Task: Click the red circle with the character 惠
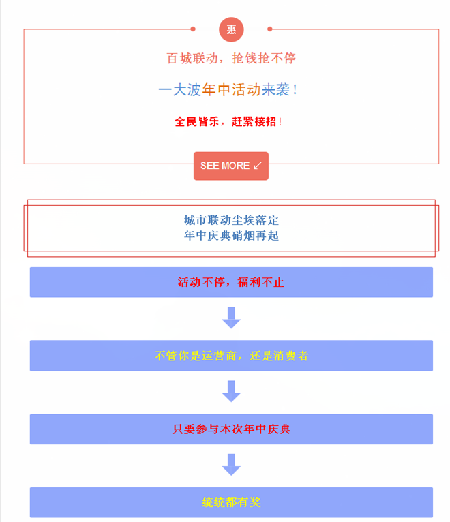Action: (x=231, y=29)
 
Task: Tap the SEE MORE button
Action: (x=231, y=166)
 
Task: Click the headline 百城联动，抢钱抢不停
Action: (x=231, y=58)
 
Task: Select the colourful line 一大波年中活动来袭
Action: (x=228, y=90)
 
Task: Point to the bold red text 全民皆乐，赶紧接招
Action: (x=228, y=121)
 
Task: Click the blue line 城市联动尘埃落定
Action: (x=232, y=220)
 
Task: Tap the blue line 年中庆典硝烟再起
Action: (x=232, y=236)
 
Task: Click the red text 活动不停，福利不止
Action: (x=231, y=282)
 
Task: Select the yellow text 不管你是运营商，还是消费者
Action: (x=232, y=356)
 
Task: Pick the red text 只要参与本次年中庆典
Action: (x=232, y=429)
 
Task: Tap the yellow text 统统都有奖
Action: (x=232, y=502)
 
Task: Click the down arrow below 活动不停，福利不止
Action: (x=231, y=318)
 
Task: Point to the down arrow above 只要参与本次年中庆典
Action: (x=231, y=391)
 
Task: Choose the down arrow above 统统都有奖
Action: (x=231, y=464)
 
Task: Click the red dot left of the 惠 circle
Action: (x=193, y=29)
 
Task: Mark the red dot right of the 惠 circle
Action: (x=270, y=29)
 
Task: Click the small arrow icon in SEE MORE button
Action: (x=258, y=166)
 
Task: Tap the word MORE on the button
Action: (x=236, y=166)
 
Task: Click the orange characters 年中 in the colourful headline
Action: (x=216, y=90)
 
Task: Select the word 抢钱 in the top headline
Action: (x=245, y=58)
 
